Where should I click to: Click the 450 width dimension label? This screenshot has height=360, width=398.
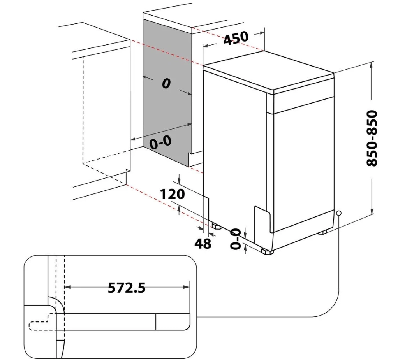pos(236,38)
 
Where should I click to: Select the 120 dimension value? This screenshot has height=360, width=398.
pos(173,193)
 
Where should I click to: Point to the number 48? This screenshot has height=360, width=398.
pos(203,244)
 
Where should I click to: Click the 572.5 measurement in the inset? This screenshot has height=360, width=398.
pos(127,288)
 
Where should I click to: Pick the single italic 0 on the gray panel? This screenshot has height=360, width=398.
pos(166,83)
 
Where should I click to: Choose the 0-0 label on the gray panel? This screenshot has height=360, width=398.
pos(160,143)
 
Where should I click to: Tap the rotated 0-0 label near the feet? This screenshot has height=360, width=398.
pos(236,239)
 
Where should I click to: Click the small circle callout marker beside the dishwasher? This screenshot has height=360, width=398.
pos(339,213)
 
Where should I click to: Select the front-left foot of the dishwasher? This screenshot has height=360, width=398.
pos(267,252)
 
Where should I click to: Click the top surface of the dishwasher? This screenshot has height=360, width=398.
pos(269,70)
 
